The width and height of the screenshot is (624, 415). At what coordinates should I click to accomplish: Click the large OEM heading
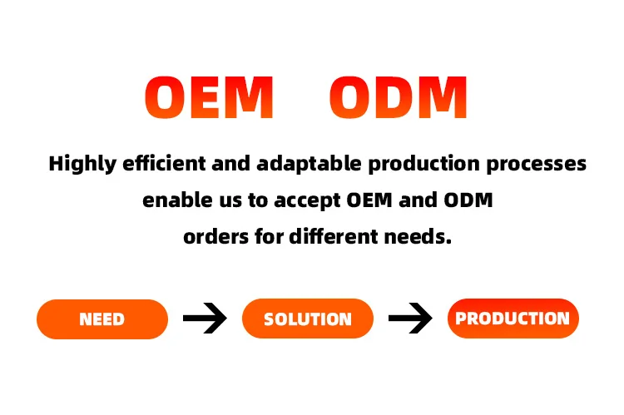(209, 97)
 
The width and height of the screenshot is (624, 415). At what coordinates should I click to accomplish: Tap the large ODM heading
(399, 97)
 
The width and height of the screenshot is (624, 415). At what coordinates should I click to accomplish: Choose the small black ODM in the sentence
(472, 200)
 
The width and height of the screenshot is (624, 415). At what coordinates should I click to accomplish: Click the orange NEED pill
(102, 319)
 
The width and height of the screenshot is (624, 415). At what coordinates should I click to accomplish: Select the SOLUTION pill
(307, 319)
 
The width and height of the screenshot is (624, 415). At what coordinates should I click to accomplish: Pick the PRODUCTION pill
(513, 318)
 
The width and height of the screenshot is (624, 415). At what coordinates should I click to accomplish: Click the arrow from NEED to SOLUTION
(205, 319)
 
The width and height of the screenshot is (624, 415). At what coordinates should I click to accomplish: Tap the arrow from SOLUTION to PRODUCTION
(410, 319)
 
